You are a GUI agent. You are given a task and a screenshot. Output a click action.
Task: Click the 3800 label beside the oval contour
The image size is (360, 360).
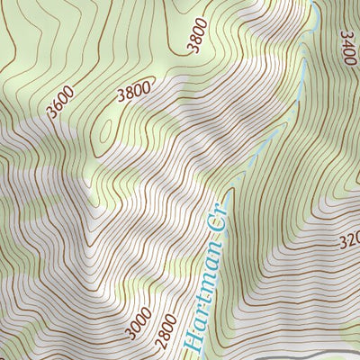[134, 91]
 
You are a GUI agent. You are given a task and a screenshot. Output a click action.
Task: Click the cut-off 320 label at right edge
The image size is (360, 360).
[349, 243]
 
